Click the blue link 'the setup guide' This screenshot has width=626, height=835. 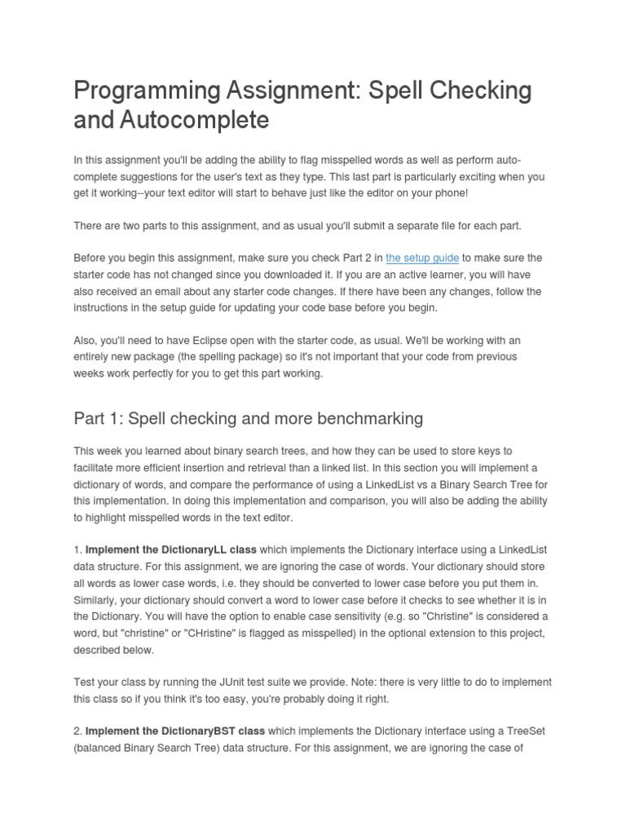pyautogui.click(x=422, y=258)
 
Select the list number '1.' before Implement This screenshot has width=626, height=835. pyautogui.click(x=77, y=550)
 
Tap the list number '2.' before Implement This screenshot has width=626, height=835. pyautogui.click(x=77, y=731)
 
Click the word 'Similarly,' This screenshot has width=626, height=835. pyautogui.click(x=98, y=599)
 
